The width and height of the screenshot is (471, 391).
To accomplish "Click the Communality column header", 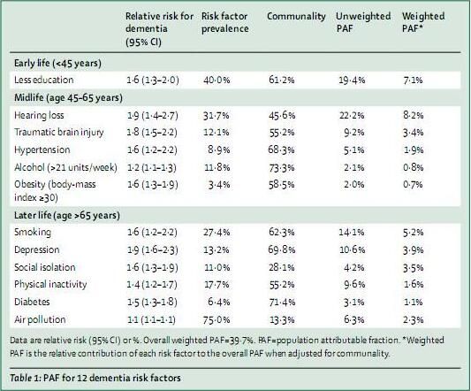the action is click(296, 16).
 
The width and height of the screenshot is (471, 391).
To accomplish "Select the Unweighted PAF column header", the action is click(363, 22).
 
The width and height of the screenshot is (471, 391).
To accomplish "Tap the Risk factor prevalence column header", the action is click(225, 22).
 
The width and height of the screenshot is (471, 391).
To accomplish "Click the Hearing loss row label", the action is click(39, 115).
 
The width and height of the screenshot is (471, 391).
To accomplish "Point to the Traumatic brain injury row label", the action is click(59, 133).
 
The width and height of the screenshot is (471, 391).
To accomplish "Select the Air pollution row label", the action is click(40, 319).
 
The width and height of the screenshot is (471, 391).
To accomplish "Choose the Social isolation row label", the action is click(45, 267).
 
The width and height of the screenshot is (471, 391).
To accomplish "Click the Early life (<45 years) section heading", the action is click(57, 63).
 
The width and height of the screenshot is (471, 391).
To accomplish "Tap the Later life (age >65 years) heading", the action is click(67, 215).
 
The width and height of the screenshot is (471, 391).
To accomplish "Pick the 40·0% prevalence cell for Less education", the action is click(217, 80).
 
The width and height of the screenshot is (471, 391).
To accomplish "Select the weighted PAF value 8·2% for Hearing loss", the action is click(414, 115).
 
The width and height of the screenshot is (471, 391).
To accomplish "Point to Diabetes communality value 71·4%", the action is click(282, 302).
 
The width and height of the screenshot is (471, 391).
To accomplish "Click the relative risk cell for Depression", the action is click(152, 250).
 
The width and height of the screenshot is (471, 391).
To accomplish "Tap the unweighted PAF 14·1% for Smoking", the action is click(352, 232).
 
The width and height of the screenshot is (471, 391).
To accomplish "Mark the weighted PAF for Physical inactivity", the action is click(414, 285).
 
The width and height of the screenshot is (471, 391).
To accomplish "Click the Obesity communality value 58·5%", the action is click(282, 184).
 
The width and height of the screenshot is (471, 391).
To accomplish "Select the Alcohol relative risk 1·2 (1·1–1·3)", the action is click(152, 167).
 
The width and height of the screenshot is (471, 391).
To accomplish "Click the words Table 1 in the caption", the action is click(25, 378).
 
